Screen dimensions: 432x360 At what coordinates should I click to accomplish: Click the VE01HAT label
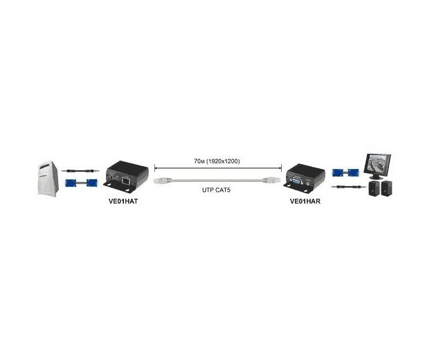click(123, 201)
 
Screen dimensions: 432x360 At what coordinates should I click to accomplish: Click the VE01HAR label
click(305, 201)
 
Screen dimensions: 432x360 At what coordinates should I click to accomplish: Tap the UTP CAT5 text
click(216, 190)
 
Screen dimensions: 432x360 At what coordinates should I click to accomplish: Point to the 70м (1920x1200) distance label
click(217, 161)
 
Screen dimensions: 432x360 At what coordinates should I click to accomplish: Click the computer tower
click(48, 179)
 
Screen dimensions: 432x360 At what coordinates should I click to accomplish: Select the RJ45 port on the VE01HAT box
click(126, 181)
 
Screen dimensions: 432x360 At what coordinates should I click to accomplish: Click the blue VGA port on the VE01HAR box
click(296, 181)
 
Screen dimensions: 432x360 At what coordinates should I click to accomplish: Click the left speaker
click(374, 188)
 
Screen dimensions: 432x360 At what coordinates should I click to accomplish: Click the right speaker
click(386, 188)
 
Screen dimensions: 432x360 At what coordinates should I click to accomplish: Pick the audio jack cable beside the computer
click(80, 171)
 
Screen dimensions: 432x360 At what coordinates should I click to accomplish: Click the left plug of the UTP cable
click(163, 181)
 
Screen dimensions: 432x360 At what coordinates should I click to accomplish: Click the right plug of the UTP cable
click(271, 180)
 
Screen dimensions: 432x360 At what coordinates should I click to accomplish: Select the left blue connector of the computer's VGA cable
click(71, 183)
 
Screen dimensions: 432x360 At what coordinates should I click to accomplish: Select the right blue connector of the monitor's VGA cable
click(353, 173)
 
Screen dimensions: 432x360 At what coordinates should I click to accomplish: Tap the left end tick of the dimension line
click(154, 168)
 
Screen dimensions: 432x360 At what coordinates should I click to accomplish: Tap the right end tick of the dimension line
click(281, 168)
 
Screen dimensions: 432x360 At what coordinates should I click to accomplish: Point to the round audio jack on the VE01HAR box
click(308, 182)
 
